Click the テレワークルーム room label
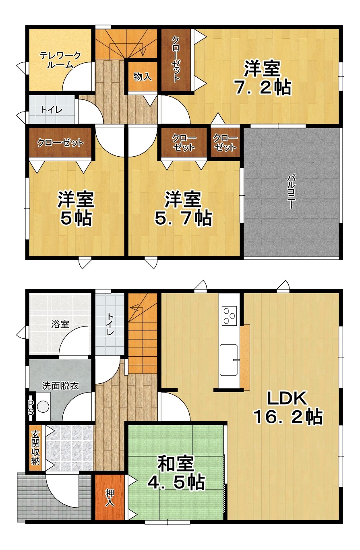(60, 60)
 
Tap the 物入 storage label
(143, 77)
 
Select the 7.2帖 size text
(263, 87)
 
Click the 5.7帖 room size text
(183, 218)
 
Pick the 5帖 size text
(76, 218)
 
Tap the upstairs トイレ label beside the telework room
(52, 110)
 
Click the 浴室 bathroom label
(60, 325)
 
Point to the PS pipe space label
(31, 408)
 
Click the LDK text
(287, 398)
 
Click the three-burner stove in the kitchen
(229, 316)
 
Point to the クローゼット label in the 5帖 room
(60, 143)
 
